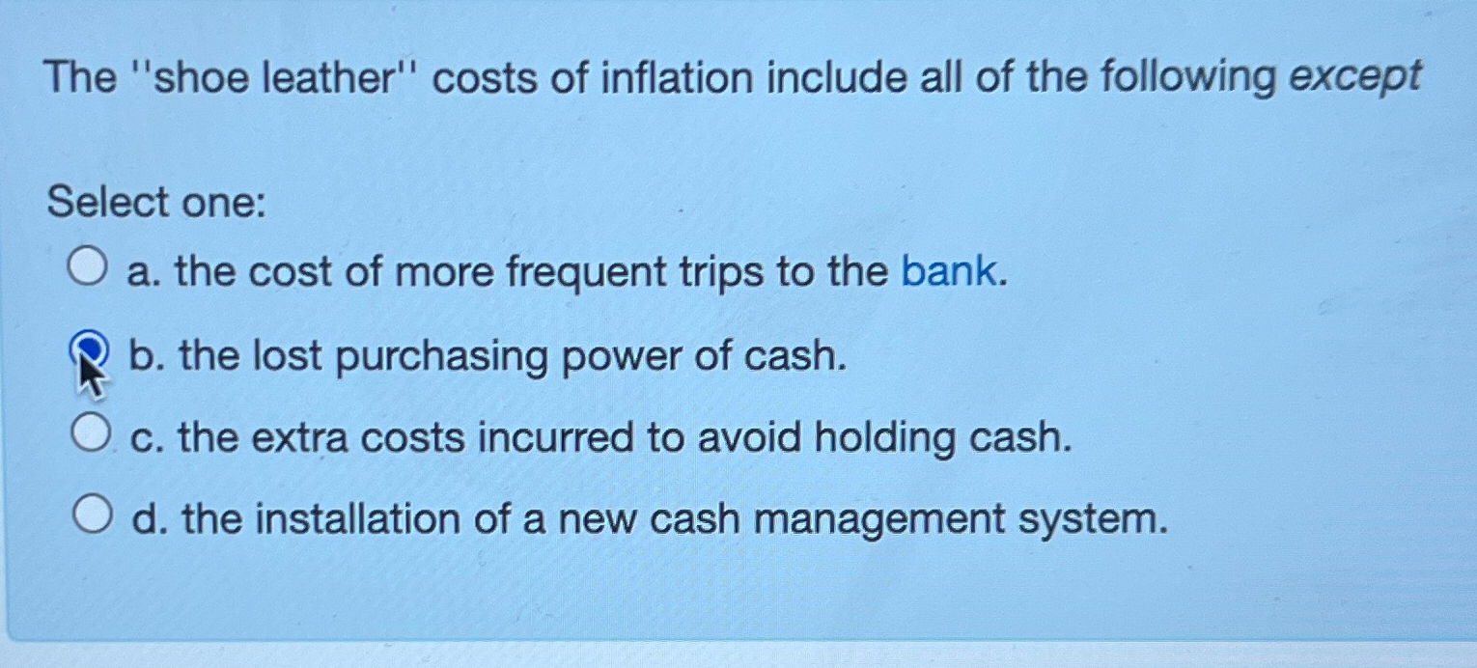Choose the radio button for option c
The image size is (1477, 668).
point(90,433)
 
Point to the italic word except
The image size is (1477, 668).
point(1356,76)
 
